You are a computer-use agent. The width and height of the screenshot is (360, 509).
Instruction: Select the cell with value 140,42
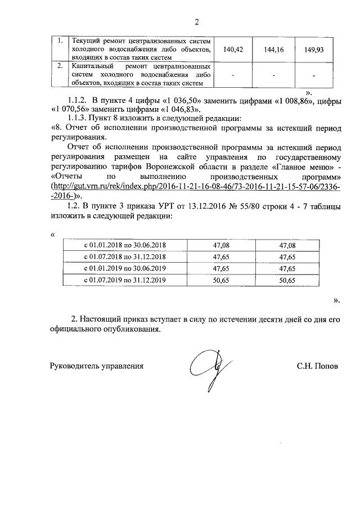point(232,50)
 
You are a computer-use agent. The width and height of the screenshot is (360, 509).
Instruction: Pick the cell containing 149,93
point(314,50)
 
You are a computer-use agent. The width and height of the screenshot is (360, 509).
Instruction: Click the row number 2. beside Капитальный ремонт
point(60,66)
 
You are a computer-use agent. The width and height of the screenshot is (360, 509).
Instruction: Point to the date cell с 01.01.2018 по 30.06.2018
point(125,245)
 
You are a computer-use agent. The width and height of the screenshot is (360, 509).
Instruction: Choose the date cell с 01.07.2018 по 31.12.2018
point(125,256)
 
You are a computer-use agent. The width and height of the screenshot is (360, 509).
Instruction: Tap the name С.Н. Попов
point(318,366)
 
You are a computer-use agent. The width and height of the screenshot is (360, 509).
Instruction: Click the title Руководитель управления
point(97,366)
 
